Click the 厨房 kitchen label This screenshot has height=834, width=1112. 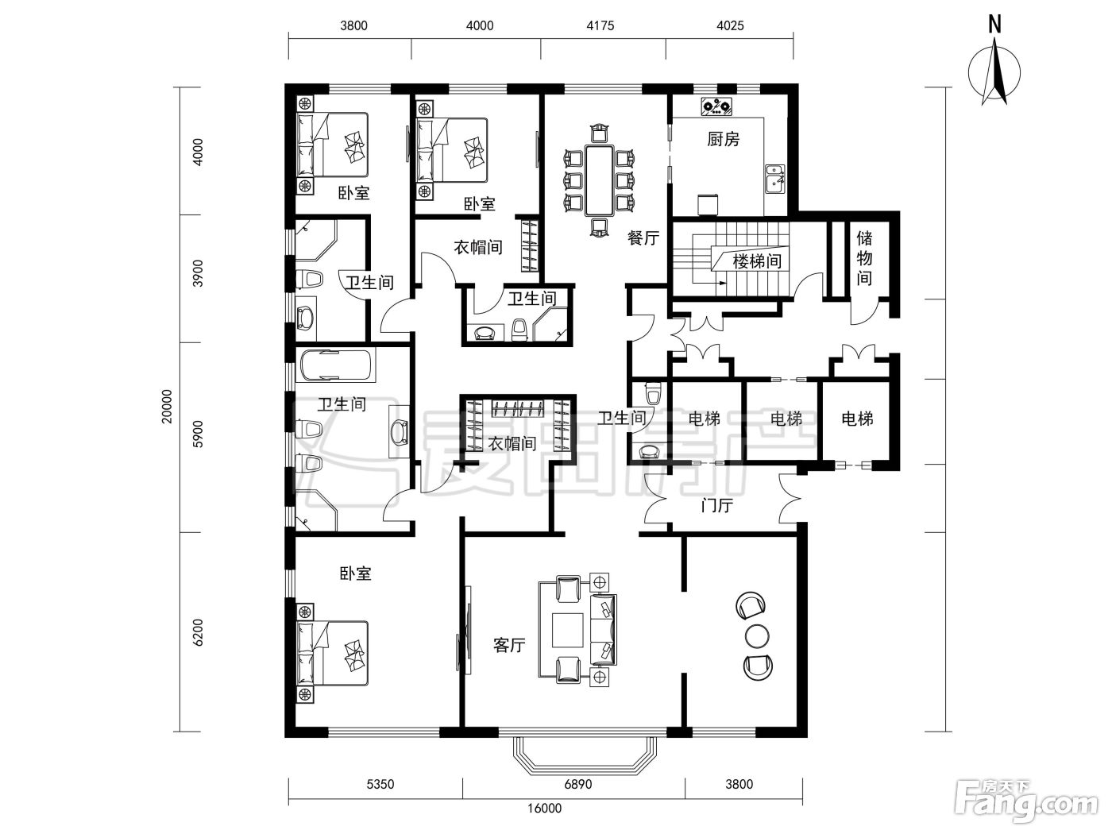click(723, 139)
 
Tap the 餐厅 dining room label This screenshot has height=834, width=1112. click(643, 237)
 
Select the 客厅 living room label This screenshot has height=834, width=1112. click(509, 645)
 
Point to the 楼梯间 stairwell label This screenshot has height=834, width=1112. click(757, 261)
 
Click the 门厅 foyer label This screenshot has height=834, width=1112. click(717, 505)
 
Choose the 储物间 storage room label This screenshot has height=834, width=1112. click(864, 257)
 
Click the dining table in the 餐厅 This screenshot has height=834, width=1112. click(600, 181)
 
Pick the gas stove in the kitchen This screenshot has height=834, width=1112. click(717, 106)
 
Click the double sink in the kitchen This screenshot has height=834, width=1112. click(774, 179)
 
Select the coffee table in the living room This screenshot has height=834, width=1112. click(568, 630)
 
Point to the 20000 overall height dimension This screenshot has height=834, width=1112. click(168, 407)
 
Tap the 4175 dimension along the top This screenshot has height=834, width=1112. click(600, 25)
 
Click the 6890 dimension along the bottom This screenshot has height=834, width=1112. click(578, 785)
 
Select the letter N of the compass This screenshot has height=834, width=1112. click(995, 24)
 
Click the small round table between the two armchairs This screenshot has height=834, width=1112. click(758, 635)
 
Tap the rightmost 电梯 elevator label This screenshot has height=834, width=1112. click(857, 419)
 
